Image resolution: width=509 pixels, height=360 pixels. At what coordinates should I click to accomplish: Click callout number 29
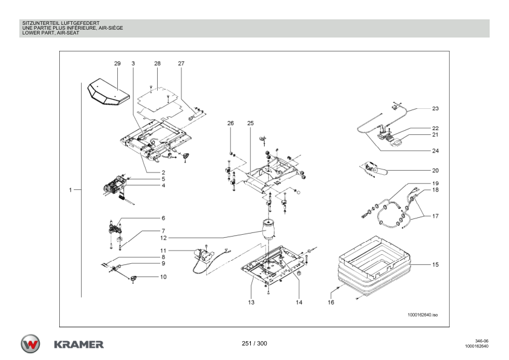click(x=117, y=63)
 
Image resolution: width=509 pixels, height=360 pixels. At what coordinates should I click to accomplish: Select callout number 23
click(x=435, y=109)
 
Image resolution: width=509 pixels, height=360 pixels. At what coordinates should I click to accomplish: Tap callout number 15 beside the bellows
click(x=435, y=264)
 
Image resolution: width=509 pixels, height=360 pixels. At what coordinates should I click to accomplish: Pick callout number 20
click(x=435, y=171)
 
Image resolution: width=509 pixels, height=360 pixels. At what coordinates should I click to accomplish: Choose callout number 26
click(x=230, y=123)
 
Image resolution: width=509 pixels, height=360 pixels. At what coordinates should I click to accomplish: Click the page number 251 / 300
click(x=254, y=344)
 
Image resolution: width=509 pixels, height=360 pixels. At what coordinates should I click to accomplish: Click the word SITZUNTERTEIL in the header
click(x=34, y=22)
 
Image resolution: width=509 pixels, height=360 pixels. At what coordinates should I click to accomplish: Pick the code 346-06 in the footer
click(x=481, y=341)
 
